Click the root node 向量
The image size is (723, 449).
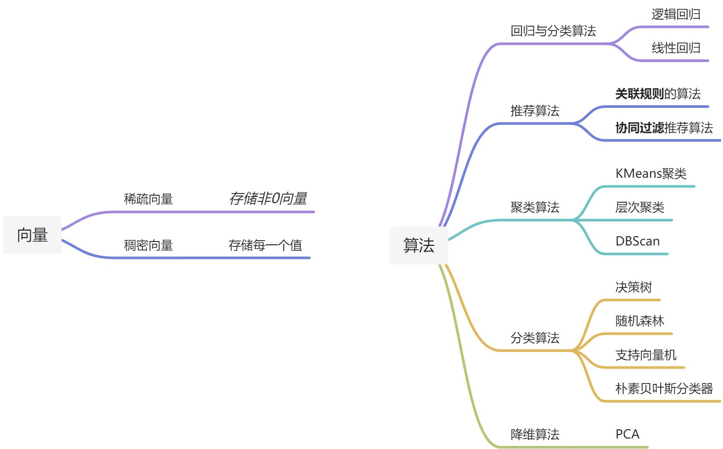(x=32, y=235)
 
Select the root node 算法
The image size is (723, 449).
(x=419, y=245)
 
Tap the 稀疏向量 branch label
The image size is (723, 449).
(x=148, y=199)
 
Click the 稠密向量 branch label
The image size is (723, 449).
(x=148, y=245)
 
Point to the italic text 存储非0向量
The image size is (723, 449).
(x=268, y=199)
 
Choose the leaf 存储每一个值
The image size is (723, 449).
(x=265, y=245)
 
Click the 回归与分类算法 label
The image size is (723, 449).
(x=553, y=31)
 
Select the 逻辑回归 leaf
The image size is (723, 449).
(x=676, y=14)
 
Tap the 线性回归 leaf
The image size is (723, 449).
(x=676, y=48)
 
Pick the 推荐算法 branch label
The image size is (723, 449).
(x=535, y=111)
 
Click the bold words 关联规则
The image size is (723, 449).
(x=639, y=94)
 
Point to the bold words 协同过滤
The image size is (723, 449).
(x=639, y=128)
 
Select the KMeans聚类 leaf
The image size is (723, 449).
(x=651, y=174)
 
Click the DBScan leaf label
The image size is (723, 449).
(x=637, y=241)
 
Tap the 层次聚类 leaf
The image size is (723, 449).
(x=640, y=207)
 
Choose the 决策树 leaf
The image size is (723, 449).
(x=634, y=287)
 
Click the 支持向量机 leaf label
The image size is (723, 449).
(x=646, y=355)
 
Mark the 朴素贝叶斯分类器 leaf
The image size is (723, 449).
(x=664, y=389)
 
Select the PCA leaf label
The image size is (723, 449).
(x=627, y=434)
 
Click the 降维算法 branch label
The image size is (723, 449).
(x=535, y=435)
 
